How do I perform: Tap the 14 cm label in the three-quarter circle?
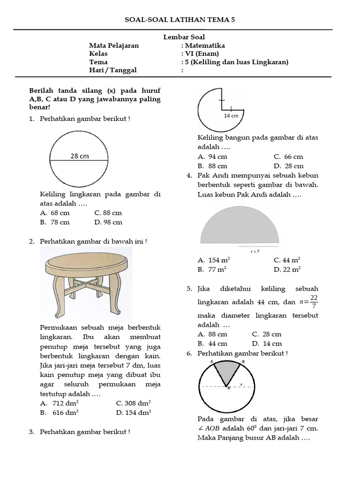coord(231,115)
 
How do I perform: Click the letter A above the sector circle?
coord(211,361)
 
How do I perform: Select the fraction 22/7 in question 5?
coord(314,302)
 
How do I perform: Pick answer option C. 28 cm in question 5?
coord(266,334)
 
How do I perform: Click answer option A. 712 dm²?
coord(59,403)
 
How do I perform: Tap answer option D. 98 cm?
coord(108,222)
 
